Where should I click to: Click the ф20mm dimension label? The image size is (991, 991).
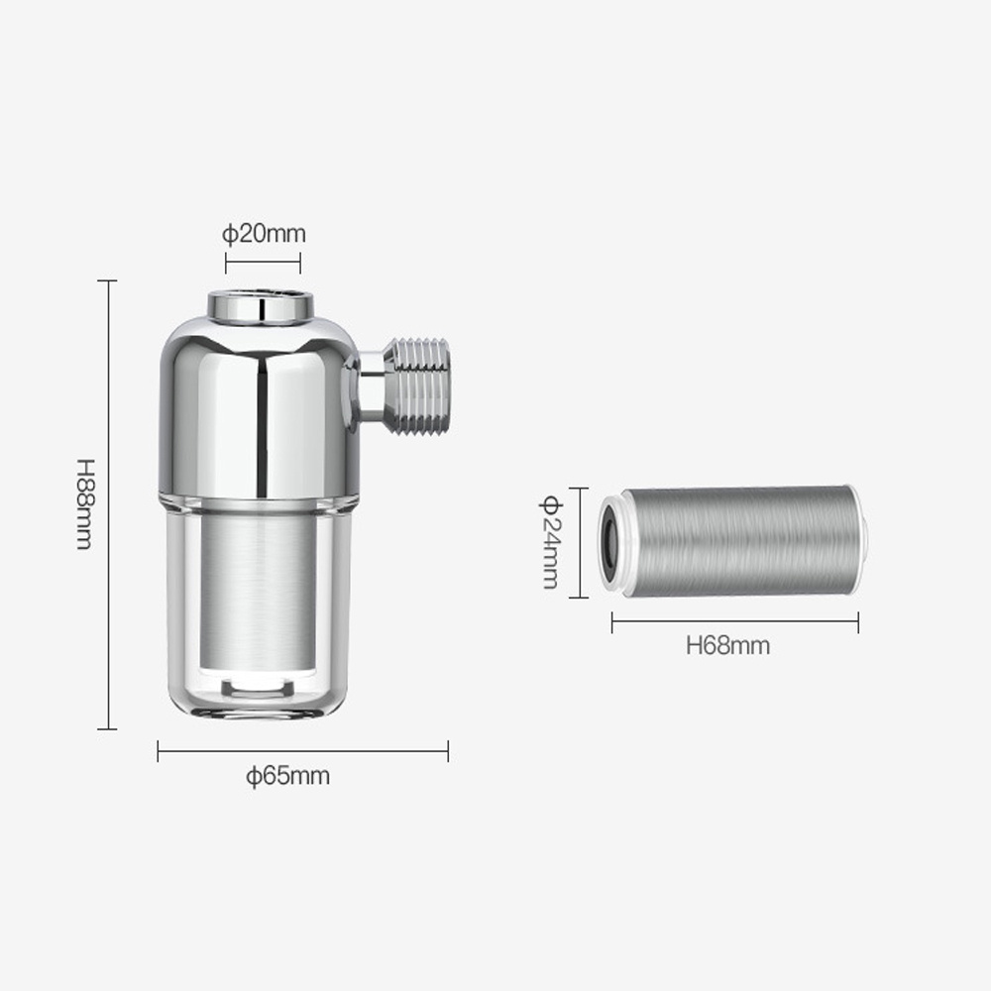(x=264, y=234)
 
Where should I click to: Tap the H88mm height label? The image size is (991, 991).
(x=85, y=504)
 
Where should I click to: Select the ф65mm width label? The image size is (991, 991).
(x=288, y=776)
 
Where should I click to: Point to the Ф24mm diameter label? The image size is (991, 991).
(x=549, y=542)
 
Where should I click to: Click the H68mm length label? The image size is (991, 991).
(x=728, y=645)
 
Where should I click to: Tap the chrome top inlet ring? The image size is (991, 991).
(x=261, y=307)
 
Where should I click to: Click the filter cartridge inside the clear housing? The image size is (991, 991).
(x=258, y=591)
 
